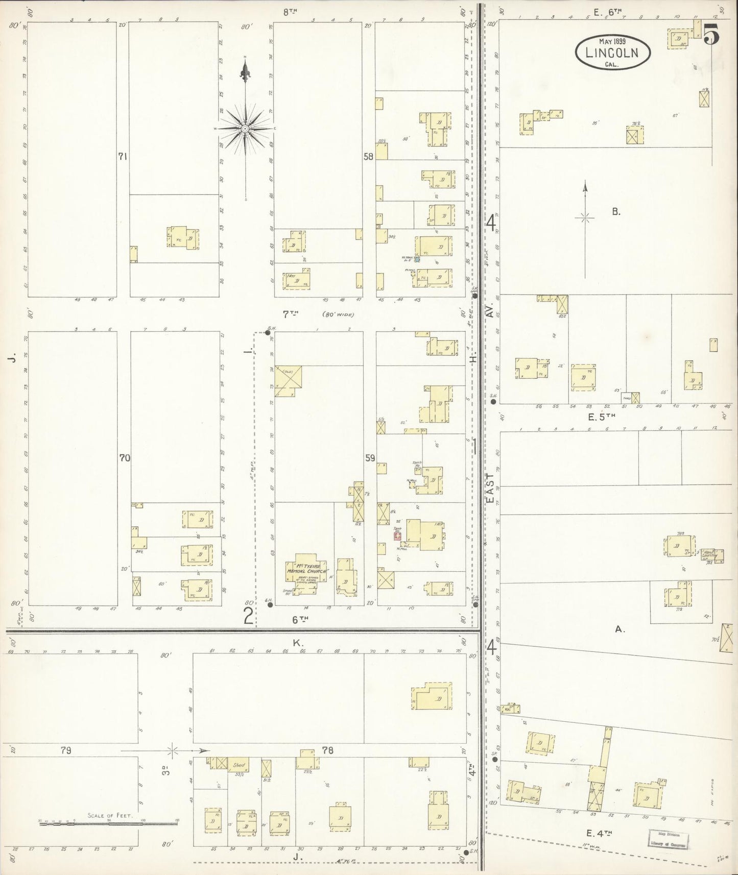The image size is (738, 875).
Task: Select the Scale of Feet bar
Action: pos(109,823)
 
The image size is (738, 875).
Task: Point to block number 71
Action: pos(122,157)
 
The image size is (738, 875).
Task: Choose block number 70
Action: pos(125,458)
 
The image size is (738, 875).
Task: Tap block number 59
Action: pos(370,458)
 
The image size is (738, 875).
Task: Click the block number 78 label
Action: pos(328,750)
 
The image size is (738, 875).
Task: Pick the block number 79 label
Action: pos(65,750)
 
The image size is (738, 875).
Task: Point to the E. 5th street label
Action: pos(602,417)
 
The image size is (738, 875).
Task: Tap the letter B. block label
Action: pos(616,212)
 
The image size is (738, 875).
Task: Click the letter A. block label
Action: pos(620,630)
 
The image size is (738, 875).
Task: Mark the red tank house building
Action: pos(397,536)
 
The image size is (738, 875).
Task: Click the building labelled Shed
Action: pos(239,765)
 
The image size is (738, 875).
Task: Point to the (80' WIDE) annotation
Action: pos(338,314)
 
